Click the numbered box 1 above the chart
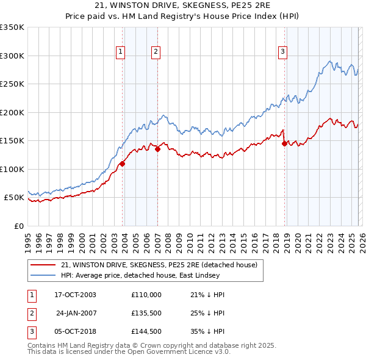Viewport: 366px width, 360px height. coord(121,52)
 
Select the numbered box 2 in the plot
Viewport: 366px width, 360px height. coord(156,52)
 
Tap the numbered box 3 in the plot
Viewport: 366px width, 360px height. coord(283,52)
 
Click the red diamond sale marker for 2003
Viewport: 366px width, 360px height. coord(123,163)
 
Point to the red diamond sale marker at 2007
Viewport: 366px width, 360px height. coord(157,148)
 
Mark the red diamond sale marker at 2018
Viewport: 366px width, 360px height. coord(284,144)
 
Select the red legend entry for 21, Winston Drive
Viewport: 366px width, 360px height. coord(159,265)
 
